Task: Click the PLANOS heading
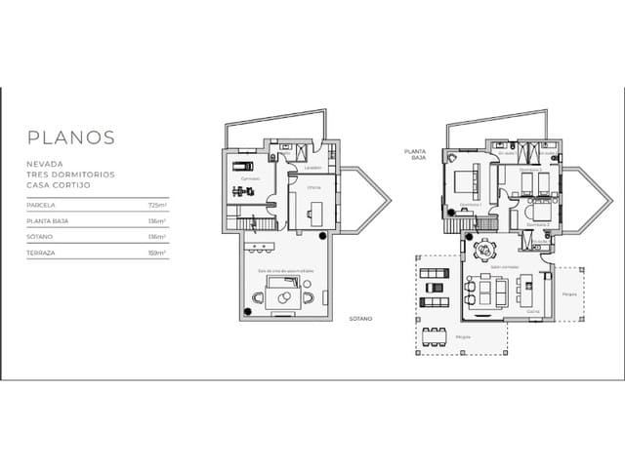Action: [71, 138]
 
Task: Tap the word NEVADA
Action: [45, 165]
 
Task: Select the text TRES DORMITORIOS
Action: [70, 175]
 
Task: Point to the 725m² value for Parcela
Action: [157, 206]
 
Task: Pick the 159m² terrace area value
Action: [157, 252]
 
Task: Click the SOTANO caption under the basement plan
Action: [360, 318]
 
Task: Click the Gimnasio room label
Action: [250, 179]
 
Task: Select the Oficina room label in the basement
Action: [313, 187]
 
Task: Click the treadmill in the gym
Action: [241, 166]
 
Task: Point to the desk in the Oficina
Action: [314, 210]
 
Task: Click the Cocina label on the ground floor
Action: [533, 311]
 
